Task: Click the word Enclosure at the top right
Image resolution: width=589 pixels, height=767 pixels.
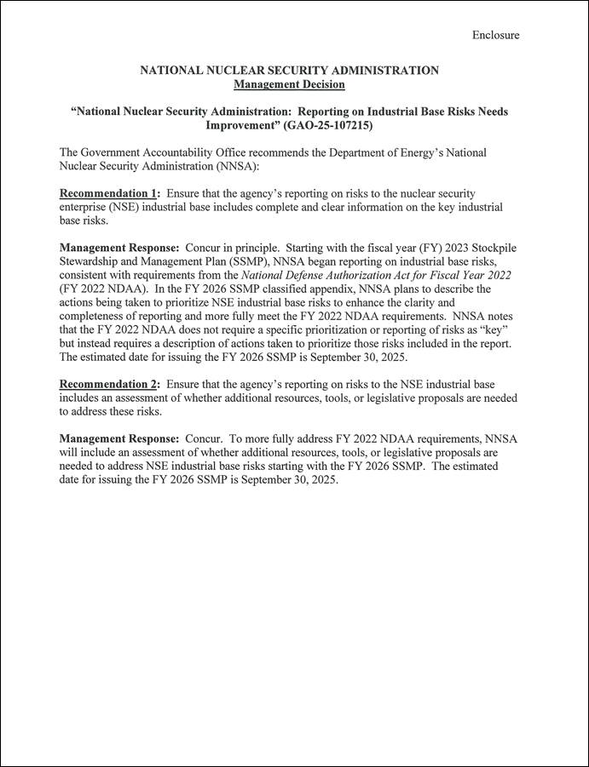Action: pyautogui.click(x=495, y=35)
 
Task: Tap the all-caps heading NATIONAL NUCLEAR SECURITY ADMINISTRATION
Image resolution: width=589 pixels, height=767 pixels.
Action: pyautogui.click(x=289, y=71)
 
